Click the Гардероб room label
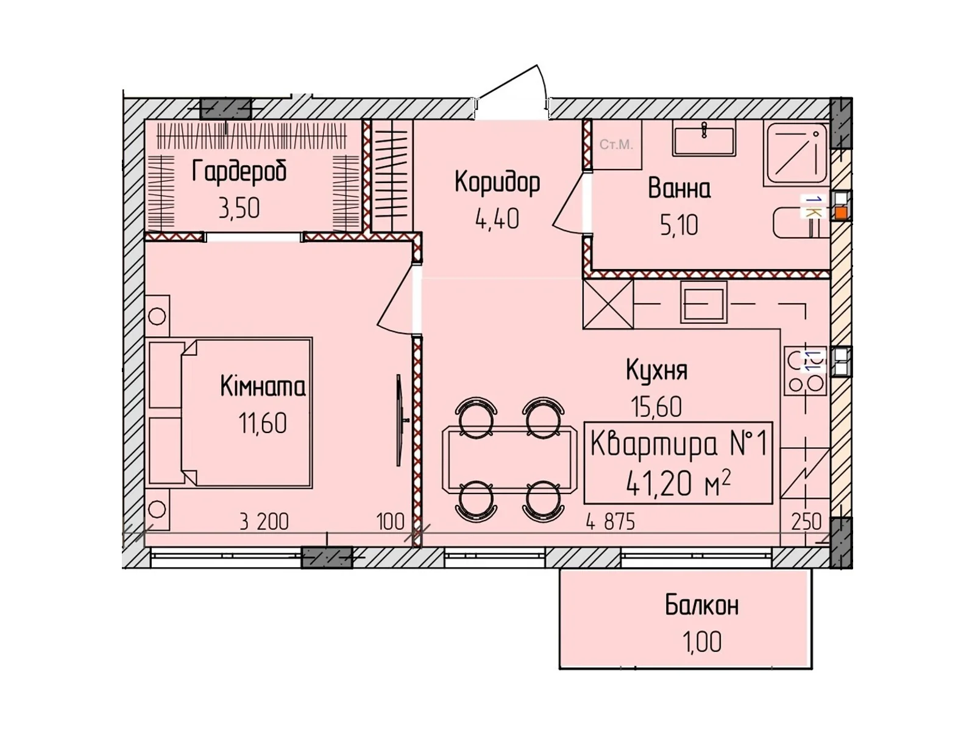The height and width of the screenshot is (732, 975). coord(239,171)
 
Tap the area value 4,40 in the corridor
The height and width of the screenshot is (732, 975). coord(497,219)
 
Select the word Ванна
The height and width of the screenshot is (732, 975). coord(679,188)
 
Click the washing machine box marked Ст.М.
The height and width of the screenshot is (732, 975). coord(616,145)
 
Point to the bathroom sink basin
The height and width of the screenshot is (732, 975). coord(704,138)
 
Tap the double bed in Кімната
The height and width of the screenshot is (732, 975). coord(247,413)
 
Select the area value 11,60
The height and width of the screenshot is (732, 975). coord(263,423)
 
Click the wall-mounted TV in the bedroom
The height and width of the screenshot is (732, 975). coord(399,420)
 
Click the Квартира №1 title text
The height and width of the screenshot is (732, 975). coord(678,444)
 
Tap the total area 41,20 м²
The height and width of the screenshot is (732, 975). coord(678,484)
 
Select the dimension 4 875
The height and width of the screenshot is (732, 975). coord(610,522)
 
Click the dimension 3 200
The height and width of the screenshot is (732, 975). coord(263,522)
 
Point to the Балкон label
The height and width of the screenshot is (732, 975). coord(701,606)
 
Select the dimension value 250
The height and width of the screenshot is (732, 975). coord(806,522)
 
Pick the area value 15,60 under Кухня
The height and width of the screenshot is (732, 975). coord(656,407)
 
